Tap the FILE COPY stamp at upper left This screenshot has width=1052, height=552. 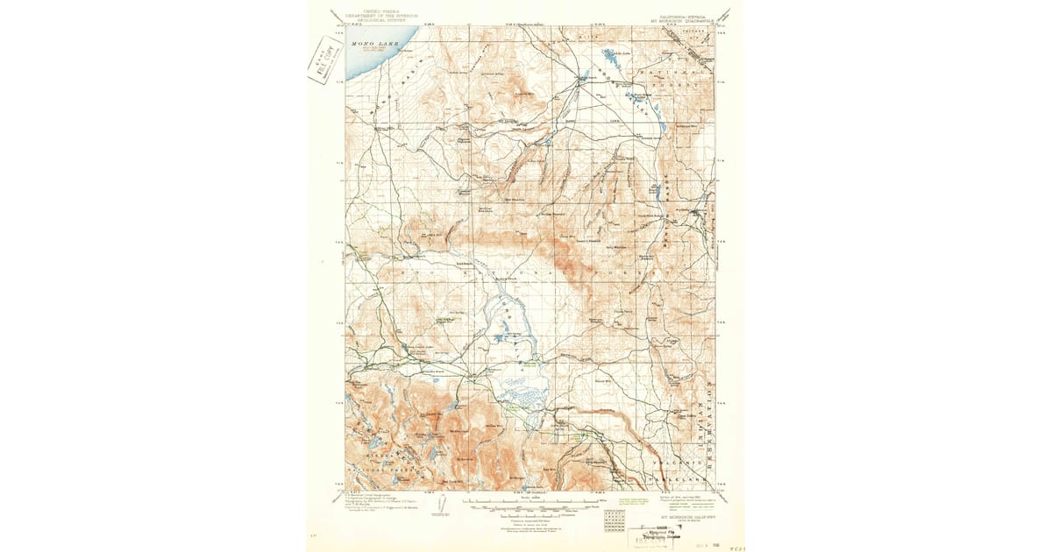[x=325, y=61]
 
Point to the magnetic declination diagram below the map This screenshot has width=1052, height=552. [x=443, y=506]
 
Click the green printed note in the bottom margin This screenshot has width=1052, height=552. [x=631, y=502]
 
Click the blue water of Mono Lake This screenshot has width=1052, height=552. [x=359, y=61]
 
